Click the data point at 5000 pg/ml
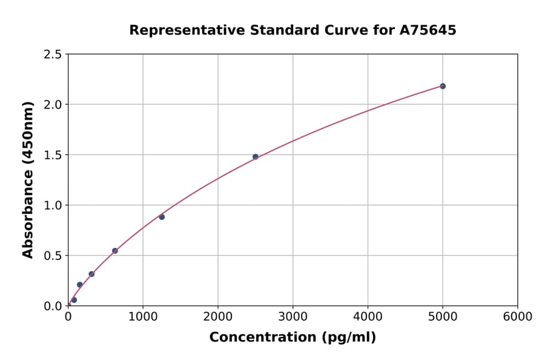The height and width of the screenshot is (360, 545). (443, 86)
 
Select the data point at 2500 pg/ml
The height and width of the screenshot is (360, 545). (256, 156)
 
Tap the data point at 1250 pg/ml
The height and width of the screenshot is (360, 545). (162, 217)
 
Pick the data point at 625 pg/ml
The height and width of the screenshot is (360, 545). (115, 251)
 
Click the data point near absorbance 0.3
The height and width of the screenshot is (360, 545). (91, 274)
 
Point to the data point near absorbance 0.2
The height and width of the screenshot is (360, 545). (80, 285)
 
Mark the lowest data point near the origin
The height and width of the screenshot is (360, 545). (74, 300)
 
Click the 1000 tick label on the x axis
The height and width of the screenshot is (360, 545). (143, 317)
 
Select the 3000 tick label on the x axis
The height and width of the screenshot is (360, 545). (293, 317)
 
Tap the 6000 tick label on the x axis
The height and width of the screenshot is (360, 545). (518, 317)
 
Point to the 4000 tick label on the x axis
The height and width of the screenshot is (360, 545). (368, 317)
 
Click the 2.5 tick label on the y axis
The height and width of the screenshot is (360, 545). (53, 55)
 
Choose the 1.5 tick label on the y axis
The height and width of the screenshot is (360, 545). (53, 155)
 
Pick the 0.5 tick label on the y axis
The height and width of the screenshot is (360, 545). (53, 256)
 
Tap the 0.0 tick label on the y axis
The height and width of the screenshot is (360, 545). (53, 306)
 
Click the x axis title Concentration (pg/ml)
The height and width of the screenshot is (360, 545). (292, 338)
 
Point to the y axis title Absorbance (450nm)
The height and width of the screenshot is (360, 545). (28, 180)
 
